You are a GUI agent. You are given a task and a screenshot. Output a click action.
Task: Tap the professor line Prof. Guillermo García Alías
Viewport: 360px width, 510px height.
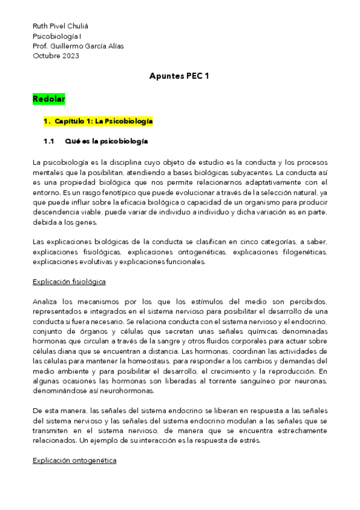point(78,46)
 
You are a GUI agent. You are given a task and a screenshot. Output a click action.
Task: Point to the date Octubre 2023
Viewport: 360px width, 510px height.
point(55,56)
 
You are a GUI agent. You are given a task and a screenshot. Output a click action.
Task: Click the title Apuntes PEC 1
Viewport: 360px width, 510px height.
point(179,76)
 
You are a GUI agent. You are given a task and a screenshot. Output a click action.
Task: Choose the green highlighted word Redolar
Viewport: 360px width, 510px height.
point(49,98)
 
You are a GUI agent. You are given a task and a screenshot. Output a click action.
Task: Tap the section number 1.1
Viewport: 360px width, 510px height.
point(49,142)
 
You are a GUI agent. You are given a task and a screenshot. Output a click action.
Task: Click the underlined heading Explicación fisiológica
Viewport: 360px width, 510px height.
point(70,281)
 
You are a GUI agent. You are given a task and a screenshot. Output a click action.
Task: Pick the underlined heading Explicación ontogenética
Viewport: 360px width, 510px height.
point(75,460)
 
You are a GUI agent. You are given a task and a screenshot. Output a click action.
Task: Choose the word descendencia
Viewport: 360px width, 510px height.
point(59,212)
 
